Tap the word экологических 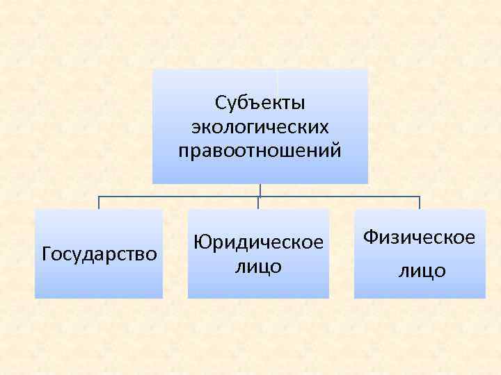[x=260, y=127]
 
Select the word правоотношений [x=260, y=150]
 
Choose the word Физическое [x=420, y=238]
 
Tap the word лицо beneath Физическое [x=422, y=271]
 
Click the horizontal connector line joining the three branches [x=181, y=197]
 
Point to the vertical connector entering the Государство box [x=99, y=203]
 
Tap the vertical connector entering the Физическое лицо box [x=420, y=203]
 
